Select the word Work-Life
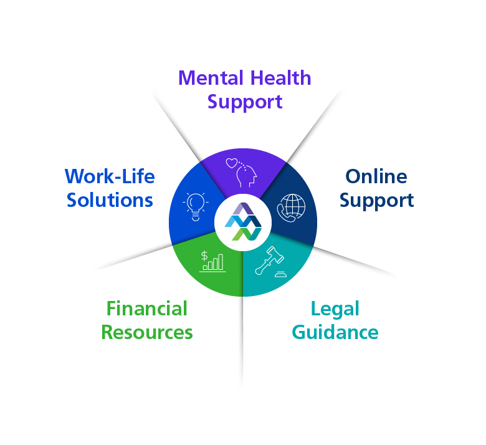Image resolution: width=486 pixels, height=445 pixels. (x=110, y=176)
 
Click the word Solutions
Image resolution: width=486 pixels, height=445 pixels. (x=110, y=200)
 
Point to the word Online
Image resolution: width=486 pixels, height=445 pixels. (x=376, y=176)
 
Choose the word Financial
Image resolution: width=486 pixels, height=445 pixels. (x=147, y=309)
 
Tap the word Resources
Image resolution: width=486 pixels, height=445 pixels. (x=147, y=332)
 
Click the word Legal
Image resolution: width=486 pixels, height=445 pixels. (x=335, y=309)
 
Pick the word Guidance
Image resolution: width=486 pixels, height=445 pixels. (x=335, y=332)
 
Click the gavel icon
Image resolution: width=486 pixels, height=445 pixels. (x=270, y=262)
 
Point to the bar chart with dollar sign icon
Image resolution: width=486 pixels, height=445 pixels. (x=212, y=261)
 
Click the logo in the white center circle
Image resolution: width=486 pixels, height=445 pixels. (x=243, y=221)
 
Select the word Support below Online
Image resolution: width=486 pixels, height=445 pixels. (x=377, y=200)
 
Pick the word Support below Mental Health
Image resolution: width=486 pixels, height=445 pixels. (x=245, y=101)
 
